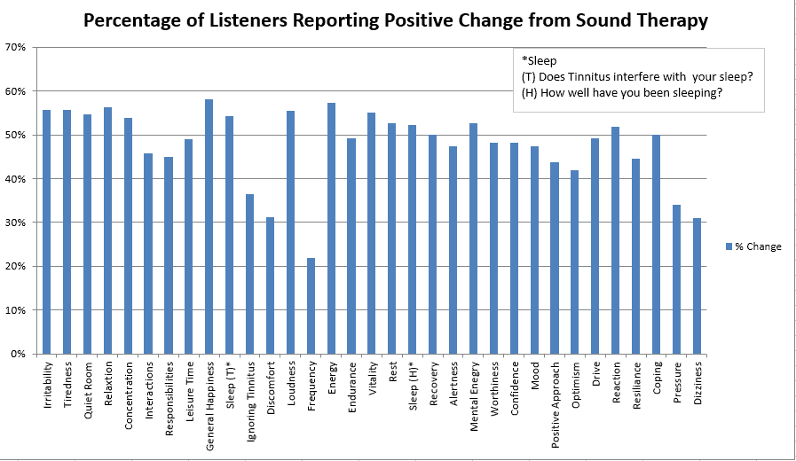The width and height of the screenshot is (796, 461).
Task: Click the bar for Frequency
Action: click(x=311, y=306)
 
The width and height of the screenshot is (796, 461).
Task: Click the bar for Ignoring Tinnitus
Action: click(x=249, y=274)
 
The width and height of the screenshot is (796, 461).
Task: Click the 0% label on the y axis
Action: click(x=19, y=354)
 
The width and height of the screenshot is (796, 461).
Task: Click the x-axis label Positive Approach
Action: click(x=555, y=395)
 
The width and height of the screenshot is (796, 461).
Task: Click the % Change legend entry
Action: click(x=757, y=246)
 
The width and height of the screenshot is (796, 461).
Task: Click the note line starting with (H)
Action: click(x=621, y=93)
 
